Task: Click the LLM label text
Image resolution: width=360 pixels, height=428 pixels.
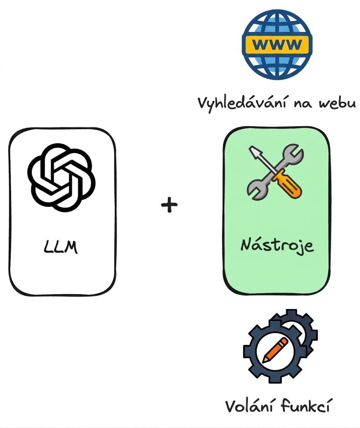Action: [x=61, y=247]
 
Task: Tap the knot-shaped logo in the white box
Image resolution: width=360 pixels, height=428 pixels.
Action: [x=61, y=178]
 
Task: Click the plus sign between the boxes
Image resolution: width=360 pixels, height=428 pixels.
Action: [x=169, y=204]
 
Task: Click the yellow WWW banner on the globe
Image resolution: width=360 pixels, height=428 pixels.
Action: [x=277, y=44]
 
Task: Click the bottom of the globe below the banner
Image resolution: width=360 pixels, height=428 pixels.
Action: [x=277, y=66]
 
